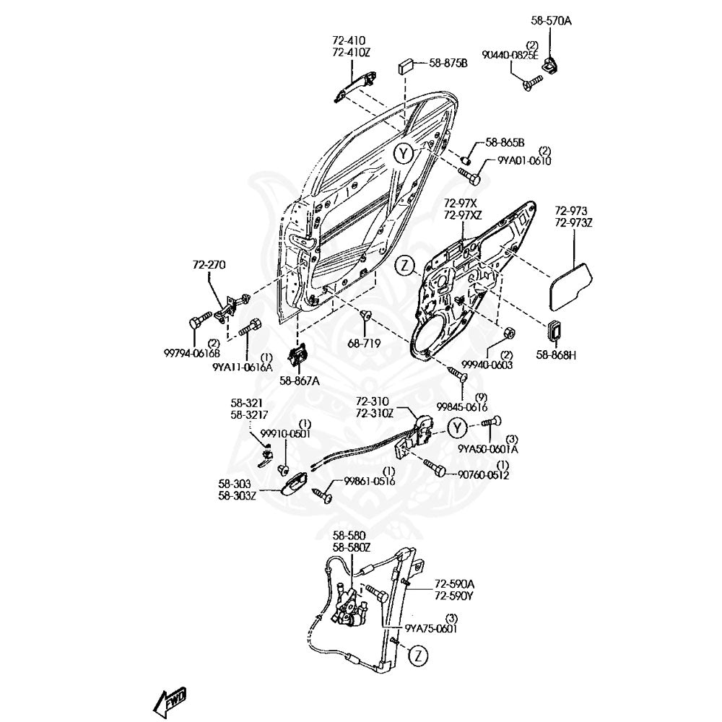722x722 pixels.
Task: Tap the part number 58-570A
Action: tap(551, 21)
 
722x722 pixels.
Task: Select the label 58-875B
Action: tap(448, 63)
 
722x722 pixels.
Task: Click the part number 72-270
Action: tap(209, 265)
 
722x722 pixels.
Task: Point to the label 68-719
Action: tap(365, 343)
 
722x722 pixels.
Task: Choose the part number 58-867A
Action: tap(300, 380)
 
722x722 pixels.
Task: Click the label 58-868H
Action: tap(556, 355)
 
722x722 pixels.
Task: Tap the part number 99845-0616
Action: tap(462, 407)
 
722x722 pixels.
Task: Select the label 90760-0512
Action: tap(483, 475)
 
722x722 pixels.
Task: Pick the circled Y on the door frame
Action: tap(404, 155)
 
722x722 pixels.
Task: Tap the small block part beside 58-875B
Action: tap(406, 66)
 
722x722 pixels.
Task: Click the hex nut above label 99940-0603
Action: tap(508, 332)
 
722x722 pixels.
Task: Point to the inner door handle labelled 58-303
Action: tap(296, 484)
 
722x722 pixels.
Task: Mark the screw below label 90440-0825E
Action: tap(532, 83)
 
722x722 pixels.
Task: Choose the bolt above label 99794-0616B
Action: tap(199, 321)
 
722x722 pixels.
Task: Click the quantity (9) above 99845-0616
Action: tap(481, 397)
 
